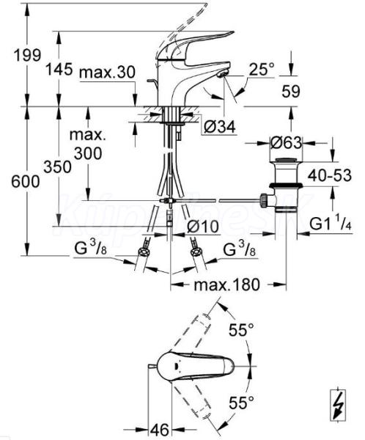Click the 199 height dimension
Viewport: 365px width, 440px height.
[x=28, y=55]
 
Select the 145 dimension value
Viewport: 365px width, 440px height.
[x=59, y=69]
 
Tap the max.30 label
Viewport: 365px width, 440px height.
[x=107, y=73]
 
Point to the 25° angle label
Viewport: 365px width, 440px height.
[x=262, y=70]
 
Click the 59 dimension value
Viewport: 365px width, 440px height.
[x=291, y=92]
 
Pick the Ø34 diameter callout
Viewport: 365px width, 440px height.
[x=220, y=128]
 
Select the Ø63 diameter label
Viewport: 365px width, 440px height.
[x=286, y=143]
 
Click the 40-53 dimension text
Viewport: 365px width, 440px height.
[x=330, y=176]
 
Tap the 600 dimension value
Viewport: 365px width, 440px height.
[x=25, y=182]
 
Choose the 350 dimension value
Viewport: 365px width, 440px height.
[x=57, y=167]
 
